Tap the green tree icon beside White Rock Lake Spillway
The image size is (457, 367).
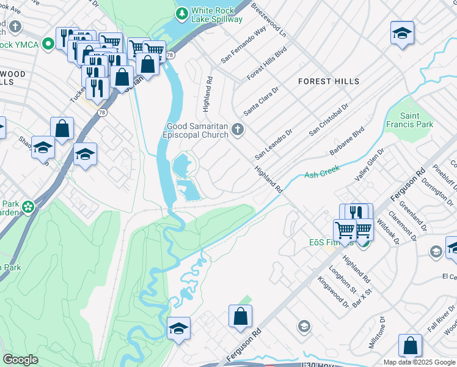tap(181, 12)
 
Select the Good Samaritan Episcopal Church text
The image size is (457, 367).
tap(197, 132)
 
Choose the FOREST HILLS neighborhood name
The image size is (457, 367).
tap(329, 81)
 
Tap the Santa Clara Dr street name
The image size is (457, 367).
tap(261, 101)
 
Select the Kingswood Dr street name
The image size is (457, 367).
tap(333, 292)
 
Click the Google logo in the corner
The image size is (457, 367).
tap(21, 360)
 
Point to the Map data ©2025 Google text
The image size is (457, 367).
tap(419, 362)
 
